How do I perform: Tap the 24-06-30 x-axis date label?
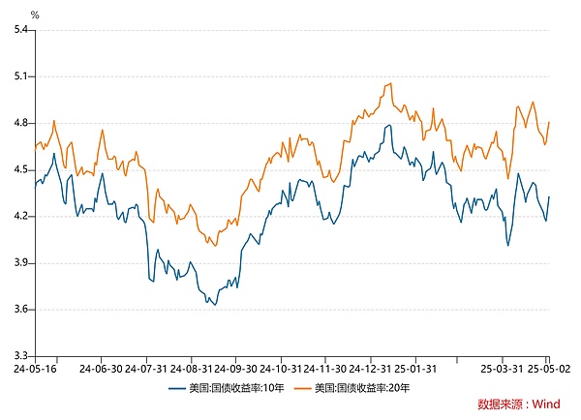coord(100,369)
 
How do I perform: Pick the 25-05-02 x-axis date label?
coord(549,369)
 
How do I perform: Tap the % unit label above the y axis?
coord(35,15)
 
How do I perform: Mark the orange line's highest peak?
coord(389,83)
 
